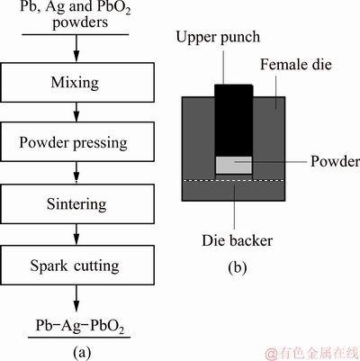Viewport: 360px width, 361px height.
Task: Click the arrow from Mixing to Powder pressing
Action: click(x=76, y=112)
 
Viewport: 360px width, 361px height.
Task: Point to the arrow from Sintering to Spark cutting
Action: click(x=76, y=234)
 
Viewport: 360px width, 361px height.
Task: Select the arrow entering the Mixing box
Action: click(x=76, y=49)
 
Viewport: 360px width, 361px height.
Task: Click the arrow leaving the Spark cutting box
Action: click(x=76, y=299)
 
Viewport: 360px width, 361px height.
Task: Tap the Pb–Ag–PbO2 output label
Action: click(x=80, y=326)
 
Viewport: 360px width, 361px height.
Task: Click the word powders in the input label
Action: click(x=80, y=23)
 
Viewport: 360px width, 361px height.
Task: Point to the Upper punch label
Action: click(x=218, y=38)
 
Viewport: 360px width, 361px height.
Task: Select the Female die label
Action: click(x=296, y=65)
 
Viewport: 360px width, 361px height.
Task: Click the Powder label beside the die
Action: click(x=335, y=161)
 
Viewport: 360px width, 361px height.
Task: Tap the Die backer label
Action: click(x=238, y=240)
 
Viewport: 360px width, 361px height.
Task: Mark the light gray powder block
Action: click(x=234, y=165)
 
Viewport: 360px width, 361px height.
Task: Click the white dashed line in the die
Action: click(x=233, y=180)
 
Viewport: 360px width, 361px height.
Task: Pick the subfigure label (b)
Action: click(x=238, y=267)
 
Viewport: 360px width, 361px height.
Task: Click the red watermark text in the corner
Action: click(x=312, y=354)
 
